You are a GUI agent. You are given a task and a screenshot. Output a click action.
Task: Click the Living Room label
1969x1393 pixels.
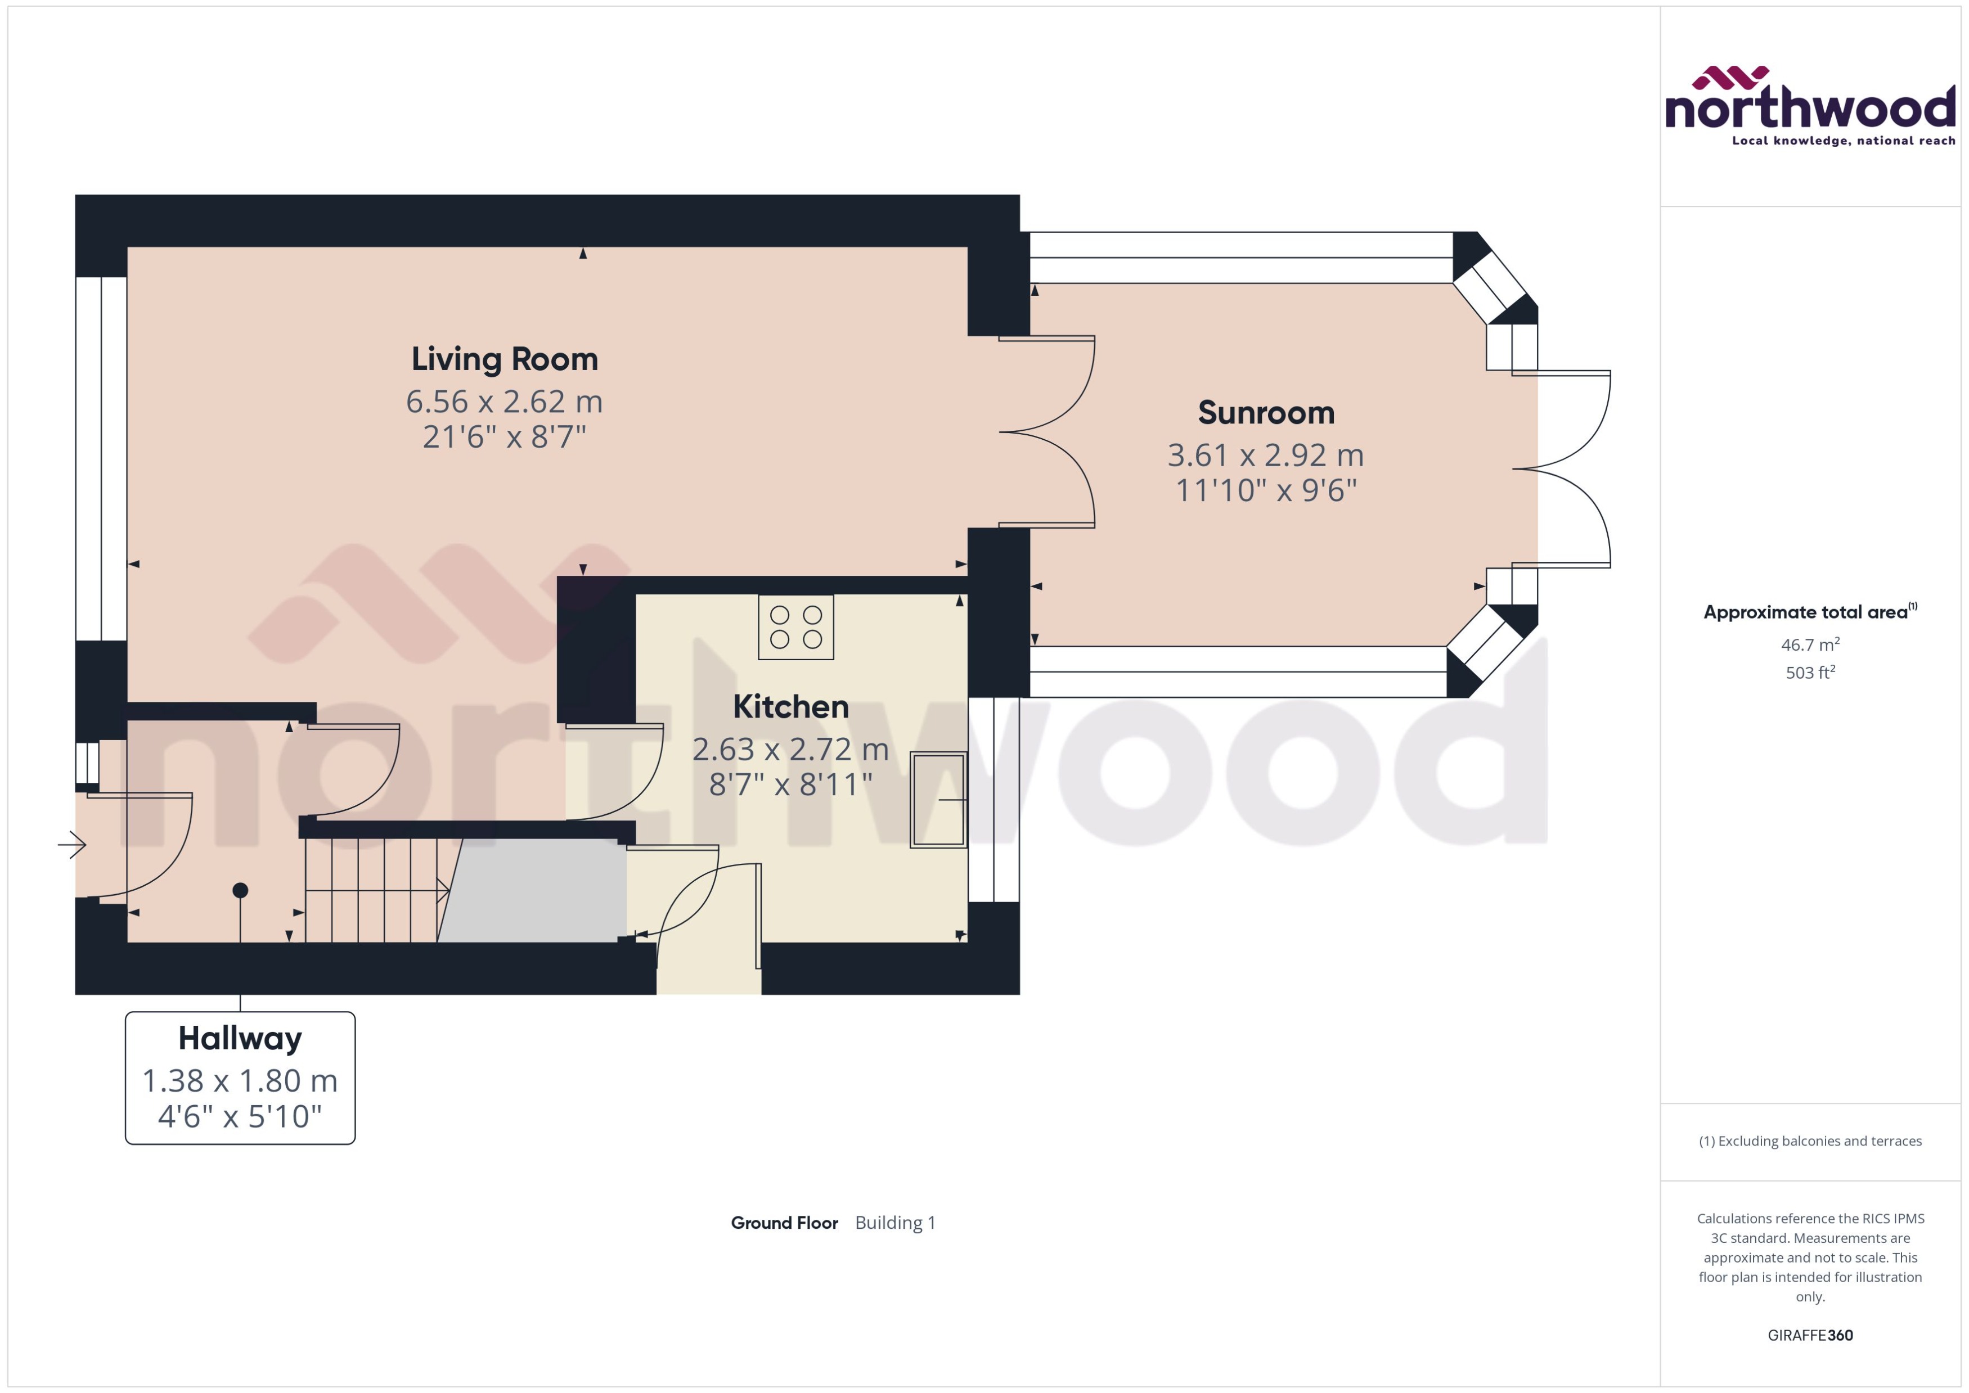pos(505,359)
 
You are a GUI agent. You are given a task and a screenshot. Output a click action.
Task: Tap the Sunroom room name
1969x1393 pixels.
pos(1265,413)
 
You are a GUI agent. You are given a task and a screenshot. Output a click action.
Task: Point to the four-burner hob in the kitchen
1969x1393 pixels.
pos(795,627)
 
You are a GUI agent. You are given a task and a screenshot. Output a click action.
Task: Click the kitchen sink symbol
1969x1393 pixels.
pos(938,800)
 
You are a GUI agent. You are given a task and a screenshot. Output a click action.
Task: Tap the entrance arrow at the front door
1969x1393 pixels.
pos(72,845)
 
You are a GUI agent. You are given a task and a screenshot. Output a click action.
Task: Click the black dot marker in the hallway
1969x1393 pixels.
pos(240,890)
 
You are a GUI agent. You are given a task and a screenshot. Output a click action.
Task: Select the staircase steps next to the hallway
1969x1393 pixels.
pos(373,890)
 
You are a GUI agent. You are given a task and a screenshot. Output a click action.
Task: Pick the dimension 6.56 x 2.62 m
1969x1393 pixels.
pos(505,402)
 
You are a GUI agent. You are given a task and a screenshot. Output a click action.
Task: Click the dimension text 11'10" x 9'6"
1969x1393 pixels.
pos(1265,490)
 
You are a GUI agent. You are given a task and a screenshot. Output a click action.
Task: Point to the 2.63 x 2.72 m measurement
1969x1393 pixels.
pos(790,750)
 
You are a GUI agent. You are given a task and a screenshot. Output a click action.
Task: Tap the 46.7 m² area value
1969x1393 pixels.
pos(1809,644)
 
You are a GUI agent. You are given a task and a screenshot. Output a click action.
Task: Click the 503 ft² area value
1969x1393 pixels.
pos(1809,673)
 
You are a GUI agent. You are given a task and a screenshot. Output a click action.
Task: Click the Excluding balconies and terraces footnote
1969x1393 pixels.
pos(1809,1141)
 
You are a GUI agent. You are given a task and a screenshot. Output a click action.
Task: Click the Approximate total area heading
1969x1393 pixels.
pos(1806,612)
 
